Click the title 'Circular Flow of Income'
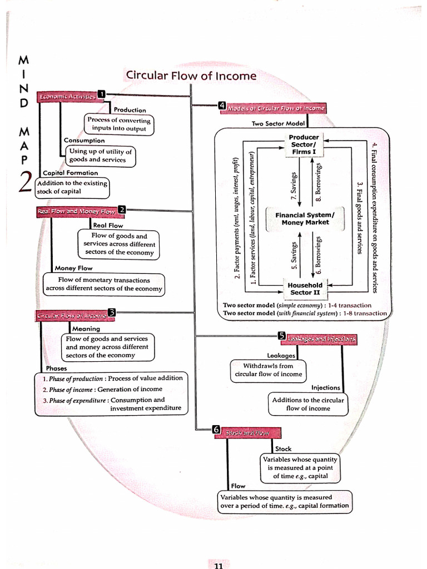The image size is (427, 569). click(x=191, y=76)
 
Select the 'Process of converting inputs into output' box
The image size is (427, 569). click(x=119, y=124)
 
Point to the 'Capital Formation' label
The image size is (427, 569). click(x=70, y=173)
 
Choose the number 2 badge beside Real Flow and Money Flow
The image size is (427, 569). click(x=122, y=209)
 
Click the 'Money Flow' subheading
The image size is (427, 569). click(x=73, y=268)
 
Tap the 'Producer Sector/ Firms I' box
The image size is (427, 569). click(x=304, y=144)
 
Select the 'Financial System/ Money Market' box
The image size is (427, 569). click(x=305, y=218)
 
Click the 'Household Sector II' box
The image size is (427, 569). click(x=305, y=288)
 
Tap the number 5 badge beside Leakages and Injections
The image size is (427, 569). click(x=282, y=336)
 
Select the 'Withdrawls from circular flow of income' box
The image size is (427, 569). click(x=267, y=370)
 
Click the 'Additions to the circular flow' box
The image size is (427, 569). click(x=308, y=404)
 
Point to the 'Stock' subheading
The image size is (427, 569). click(x=283, y=448)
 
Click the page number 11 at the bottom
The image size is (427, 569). click(x=219, y=565)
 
